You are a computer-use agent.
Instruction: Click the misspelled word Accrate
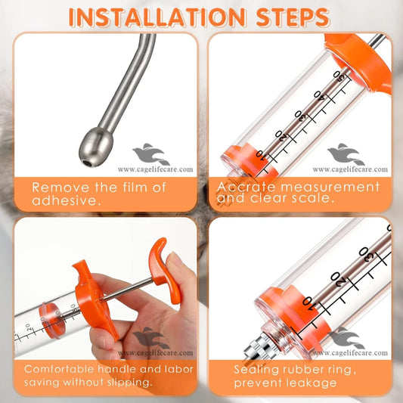[x=245, y=186]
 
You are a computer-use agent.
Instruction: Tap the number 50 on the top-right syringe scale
[x=343, y=77]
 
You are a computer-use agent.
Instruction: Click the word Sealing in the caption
[x=259, y=369]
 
